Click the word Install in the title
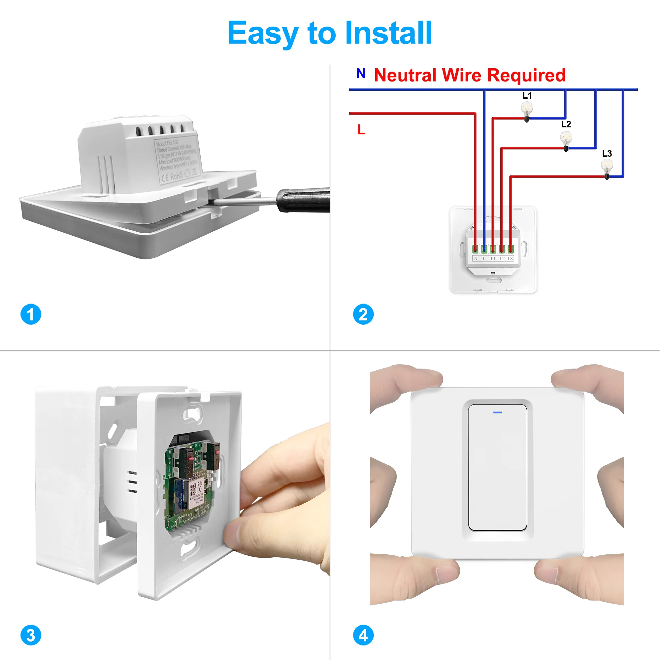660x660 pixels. click(x=388, y=33)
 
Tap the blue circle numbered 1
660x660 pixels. click(x=31, y=314)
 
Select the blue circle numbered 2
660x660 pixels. click(x=363, y=314)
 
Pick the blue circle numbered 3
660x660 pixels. click(x=31, y=635)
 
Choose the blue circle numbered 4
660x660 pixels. click(x=363, y=635)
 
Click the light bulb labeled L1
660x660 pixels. click(x=527, y=110)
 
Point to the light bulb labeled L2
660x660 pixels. click(x=566, y=139)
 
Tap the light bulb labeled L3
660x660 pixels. click(x=607, y=168)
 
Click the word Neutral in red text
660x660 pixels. click(x=405, y=75)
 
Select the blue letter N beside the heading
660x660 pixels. click(x=361, y=73)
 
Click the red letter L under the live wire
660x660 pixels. click(x=361, y=130)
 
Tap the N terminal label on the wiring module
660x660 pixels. click(x=476, y=259)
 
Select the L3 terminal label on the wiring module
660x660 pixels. click(x=511, y=259)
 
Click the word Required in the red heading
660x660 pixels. click(x=526, y=75)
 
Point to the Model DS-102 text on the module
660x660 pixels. click(x=167, y=143)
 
